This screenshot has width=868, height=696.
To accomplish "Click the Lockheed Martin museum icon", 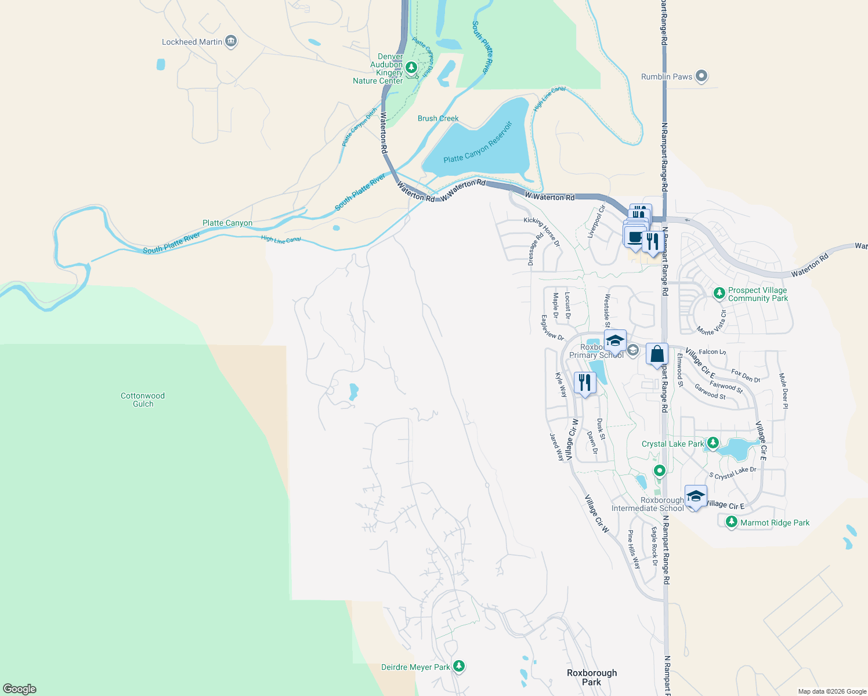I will point(231,42).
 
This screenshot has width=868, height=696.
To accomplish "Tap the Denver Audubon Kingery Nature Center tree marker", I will point(411,68).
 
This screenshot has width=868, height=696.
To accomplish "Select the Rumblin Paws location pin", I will point(701,76).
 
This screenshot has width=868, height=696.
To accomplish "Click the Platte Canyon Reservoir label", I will point(478,143).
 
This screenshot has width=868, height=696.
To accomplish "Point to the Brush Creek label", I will point(438,118).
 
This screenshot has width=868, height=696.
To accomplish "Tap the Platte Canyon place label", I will point(227,223).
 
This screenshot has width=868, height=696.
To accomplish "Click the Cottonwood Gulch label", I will point(143,400).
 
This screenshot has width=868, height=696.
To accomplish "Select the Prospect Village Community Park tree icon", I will point(719,293).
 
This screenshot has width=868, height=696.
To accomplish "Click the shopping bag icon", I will point(657,354).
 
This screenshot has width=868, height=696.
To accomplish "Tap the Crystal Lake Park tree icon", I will point(713,444).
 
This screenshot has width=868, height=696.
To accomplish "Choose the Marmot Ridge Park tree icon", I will point(732,522).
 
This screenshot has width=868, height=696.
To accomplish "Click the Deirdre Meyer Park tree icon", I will point(459,666).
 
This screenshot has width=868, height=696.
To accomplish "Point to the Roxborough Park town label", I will point(592,677).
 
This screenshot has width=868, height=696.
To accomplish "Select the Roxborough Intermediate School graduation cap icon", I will point(696,496).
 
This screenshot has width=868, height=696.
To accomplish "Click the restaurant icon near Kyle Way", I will point(584,383).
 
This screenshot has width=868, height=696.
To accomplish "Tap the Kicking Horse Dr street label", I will point(542,231).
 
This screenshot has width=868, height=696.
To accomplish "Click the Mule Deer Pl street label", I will point(783,391).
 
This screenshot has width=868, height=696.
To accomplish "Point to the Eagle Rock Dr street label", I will point(654,546).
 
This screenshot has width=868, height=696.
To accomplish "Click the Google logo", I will point(19,689).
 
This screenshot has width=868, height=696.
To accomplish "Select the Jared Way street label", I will point(556,447).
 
